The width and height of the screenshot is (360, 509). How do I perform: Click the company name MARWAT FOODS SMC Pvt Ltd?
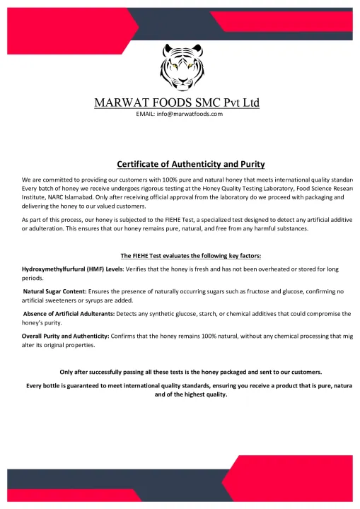point(177,103)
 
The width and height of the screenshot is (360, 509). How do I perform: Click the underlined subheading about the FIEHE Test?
point(180,255)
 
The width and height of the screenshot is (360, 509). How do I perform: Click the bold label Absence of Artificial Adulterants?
point(66,312)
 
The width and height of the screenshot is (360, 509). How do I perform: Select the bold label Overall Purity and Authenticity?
point(65,335)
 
